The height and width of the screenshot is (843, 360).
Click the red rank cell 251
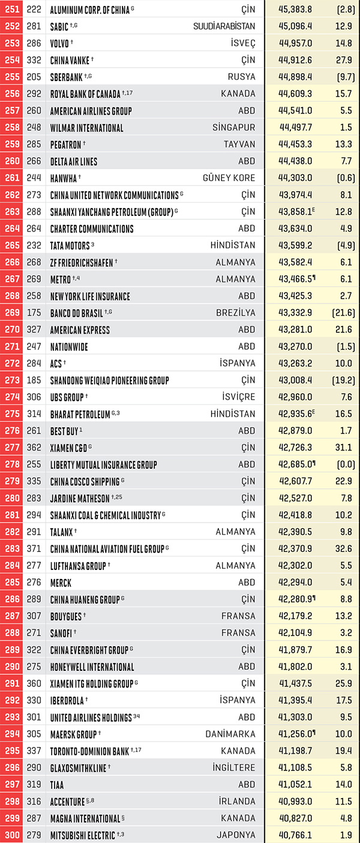(11, 9)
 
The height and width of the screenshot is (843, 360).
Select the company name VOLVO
(59, 43)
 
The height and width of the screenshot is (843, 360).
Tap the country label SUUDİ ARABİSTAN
(224, 26)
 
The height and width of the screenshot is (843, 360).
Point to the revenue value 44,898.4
(295, 77)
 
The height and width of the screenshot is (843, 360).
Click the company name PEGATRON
(66, 145)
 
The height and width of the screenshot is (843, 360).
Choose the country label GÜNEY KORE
(229, 178)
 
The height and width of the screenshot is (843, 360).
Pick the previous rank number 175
(34, 313)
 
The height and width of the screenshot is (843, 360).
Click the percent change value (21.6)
(343, 313)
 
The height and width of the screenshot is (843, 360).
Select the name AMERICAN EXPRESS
(80, 330)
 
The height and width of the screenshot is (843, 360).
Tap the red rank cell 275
(11, 414)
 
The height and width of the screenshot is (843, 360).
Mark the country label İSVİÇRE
(238, 397)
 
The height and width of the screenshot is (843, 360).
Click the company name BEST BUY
(64, 431)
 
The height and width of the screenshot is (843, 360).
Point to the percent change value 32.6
(344, 549)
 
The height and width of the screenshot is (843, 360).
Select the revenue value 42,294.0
(295, 582)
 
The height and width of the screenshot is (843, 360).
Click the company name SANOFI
(61, 634)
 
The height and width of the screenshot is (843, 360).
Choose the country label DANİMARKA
(230, 734)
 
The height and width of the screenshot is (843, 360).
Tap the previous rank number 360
(34, 683)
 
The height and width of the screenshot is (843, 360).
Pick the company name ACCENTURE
(68, 802)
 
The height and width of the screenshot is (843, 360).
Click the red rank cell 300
(11, 835)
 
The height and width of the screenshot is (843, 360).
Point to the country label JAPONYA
(236, 835)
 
